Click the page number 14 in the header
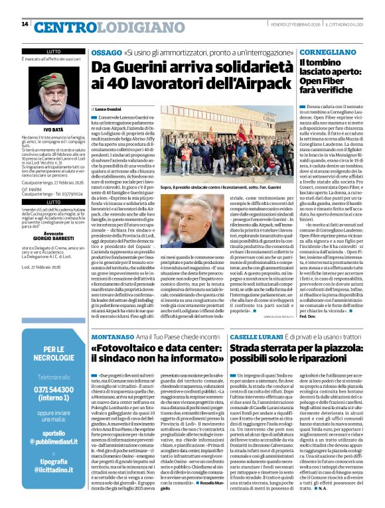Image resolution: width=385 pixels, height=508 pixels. coord(25,24)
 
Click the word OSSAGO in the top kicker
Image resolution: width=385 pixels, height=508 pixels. coord(106,52)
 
